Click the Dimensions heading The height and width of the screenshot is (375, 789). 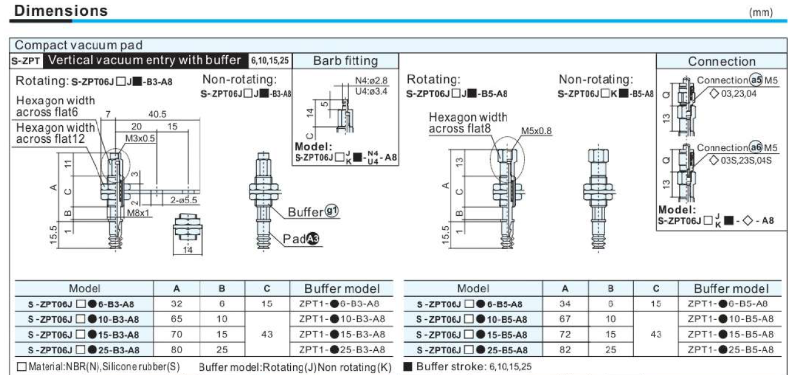[x=61, y=11]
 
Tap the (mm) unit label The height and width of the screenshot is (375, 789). [x=761, y=13]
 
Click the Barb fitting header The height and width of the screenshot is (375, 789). [x=345, y=61]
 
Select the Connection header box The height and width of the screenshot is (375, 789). [x=721, y=61]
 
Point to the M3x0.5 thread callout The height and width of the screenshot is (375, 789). [x=140, y=138]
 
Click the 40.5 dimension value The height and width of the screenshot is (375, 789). [x=157, y=114]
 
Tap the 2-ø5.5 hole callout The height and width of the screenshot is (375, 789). [x=183, y=200]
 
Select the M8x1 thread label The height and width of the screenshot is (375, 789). [x=138, y=213]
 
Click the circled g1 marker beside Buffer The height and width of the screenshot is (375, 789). [x=331, y=211]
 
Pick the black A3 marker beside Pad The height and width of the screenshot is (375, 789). [x=313, y=239]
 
